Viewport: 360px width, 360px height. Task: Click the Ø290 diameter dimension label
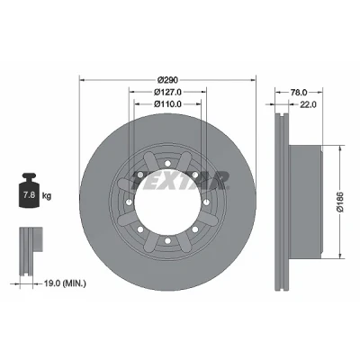click(167, 80)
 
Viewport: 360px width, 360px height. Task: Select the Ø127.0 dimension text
click(167, 92)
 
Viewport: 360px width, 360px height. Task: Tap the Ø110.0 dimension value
click(167, 104)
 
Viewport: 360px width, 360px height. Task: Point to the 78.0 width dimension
click(299, 92)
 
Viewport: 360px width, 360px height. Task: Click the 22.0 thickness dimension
click(308, 104)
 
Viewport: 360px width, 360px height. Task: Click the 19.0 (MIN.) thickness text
click(65, 283)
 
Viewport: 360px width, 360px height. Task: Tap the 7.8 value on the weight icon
click(29, 195)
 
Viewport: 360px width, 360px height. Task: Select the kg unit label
click(47, 196)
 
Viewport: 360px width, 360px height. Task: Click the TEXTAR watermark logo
click(180, 181)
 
